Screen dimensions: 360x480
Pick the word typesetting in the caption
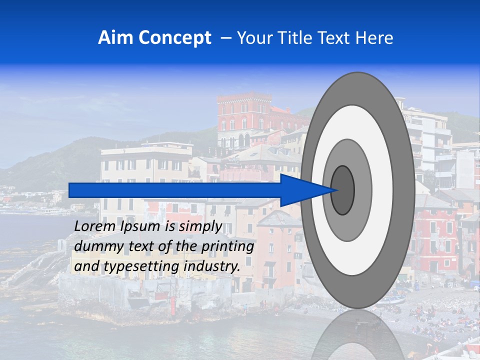pos(141,267)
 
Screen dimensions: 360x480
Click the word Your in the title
pos(254,38)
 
